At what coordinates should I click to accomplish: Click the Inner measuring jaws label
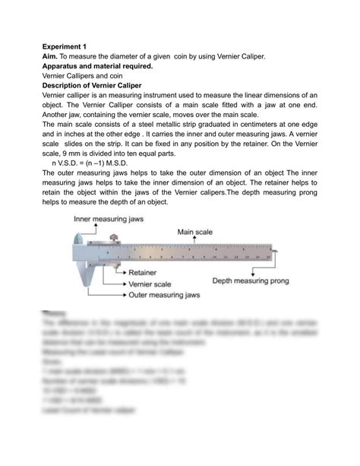106,218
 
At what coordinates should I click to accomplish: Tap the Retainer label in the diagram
143,271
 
